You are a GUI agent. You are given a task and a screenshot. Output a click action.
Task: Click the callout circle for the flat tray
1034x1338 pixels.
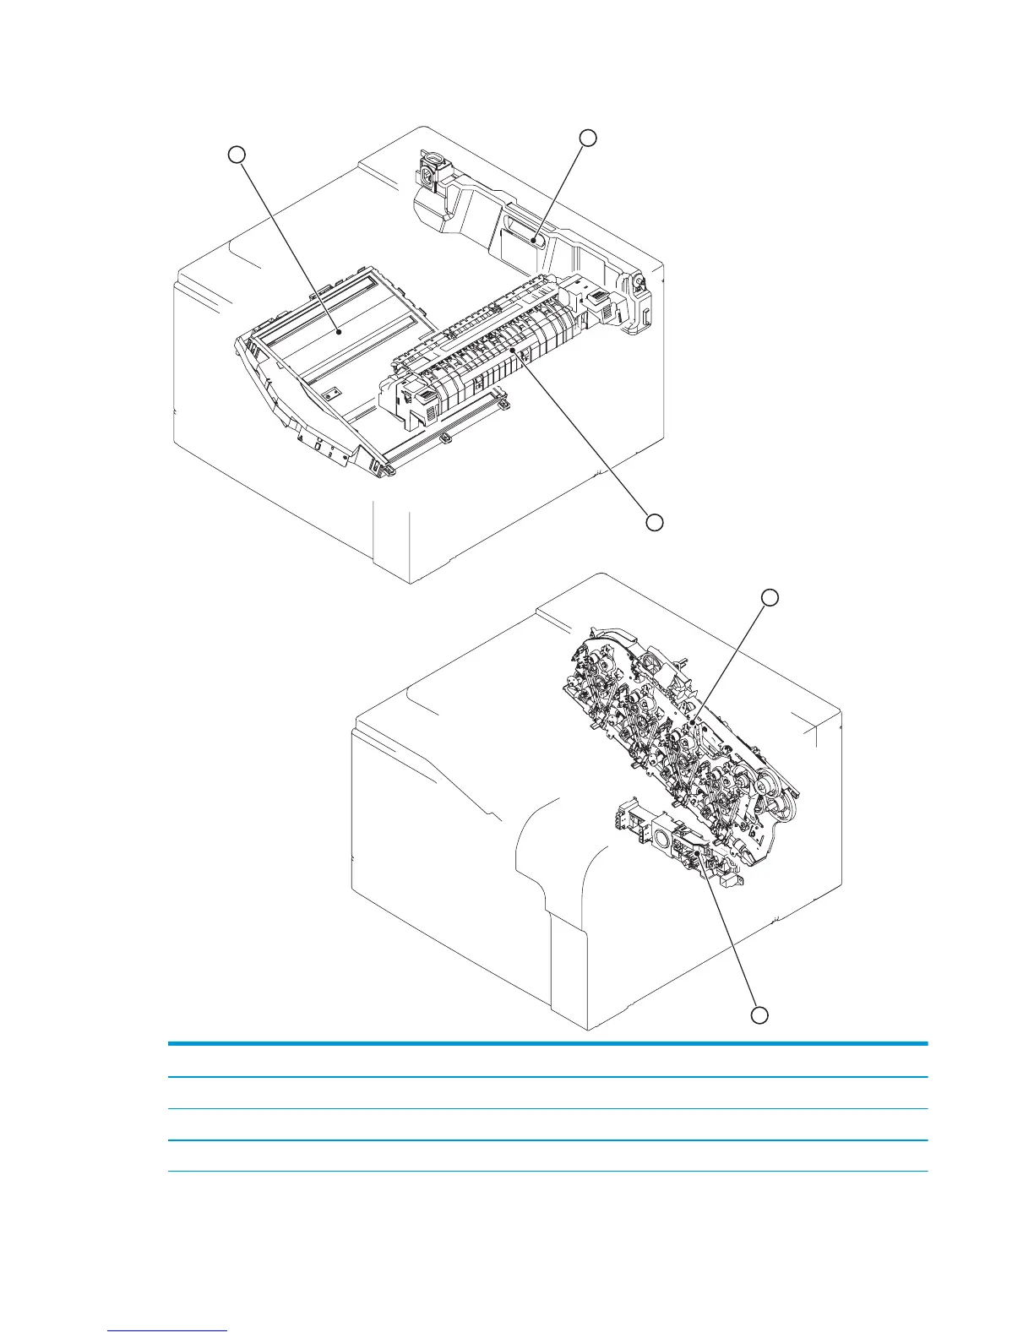[238, 154]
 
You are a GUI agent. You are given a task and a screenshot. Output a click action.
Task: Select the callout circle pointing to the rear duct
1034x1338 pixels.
[589, 137]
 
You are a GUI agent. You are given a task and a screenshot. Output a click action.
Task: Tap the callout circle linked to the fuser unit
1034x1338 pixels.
[654, 522]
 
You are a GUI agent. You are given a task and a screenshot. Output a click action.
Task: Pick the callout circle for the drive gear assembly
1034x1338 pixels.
[770, 597]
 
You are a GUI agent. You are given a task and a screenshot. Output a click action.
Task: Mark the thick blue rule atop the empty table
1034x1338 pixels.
[547, 1044]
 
